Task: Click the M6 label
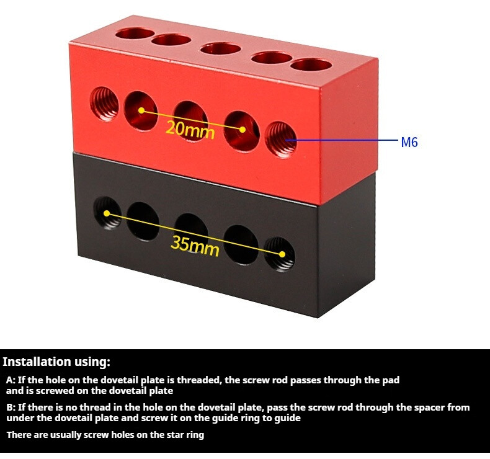pos(409,142)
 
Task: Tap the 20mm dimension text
pos(190,130)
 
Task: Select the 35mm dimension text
pos(195,246)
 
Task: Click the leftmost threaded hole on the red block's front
pos(104,104)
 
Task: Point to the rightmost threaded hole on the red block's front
pos(280,140)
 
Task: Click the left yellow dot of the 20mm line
pos(141,110)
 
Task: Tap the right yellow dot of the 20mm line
pos(242,130)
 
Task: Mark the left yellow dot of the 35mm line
pos(107,213)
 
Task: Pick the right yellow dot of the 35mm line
pos(282,254)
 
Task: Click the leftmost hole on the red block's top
pos(135,33)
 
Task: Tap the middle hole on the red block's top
pos(221,48)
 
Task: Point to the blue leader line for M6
pos(342,140)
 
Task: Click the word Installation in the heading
pos(37,362)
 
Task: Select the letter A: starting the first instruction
pos(11,380)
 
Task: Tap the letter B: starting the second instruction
pos(11,408)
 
